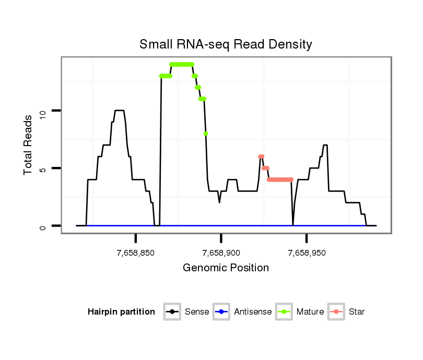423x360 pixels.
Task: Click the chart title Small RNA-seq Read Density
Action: point(226,44)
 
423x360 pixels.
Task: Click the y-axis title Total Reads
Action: point(29,145)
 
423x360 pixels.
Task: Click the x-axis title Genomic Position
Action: point(226,268)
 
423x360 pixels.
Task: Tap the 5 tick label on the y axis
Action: point(43,169)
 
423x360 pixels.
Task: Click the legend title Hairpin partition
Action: point(121,312)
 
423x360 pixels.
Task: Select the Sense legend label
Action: point(196,312)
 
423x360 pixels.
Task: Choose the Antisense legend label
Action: point(252,312)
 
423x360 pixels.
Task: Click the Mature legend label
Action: point(310,312)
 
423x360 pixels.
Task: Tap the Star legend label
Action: point(356,312)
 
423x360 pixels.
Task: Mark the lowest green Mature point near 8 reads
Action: point(206,134)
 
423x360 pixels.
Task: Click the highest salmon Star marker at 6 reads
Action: point(261,157)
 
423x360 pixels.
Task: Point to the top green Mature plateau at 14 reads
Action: point(182,64)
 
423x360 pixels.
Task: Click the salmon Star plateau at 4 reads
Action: point(280,179)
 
